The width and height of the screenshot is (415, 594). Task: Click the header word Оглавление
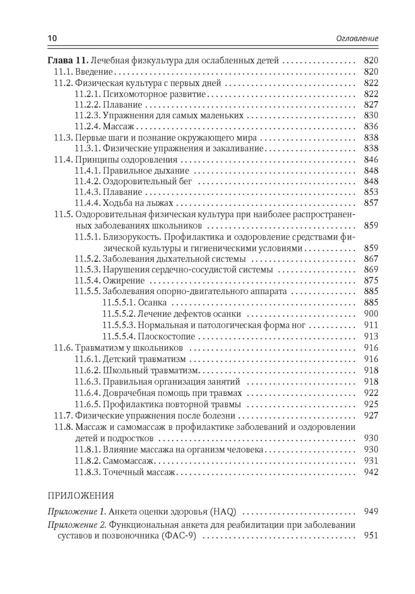pos(357,38)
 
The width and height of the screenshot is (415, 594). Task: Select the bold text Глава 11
pos(68,61)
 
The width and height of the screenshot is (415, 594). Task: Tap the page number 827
pos(370,105)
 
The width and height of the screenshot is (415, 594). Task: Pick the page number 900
pos(370,314)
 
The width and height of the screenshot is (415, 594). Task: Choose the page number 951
pos(370,536)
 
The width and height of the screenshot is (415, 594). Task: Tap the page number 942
pos(370,472)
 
